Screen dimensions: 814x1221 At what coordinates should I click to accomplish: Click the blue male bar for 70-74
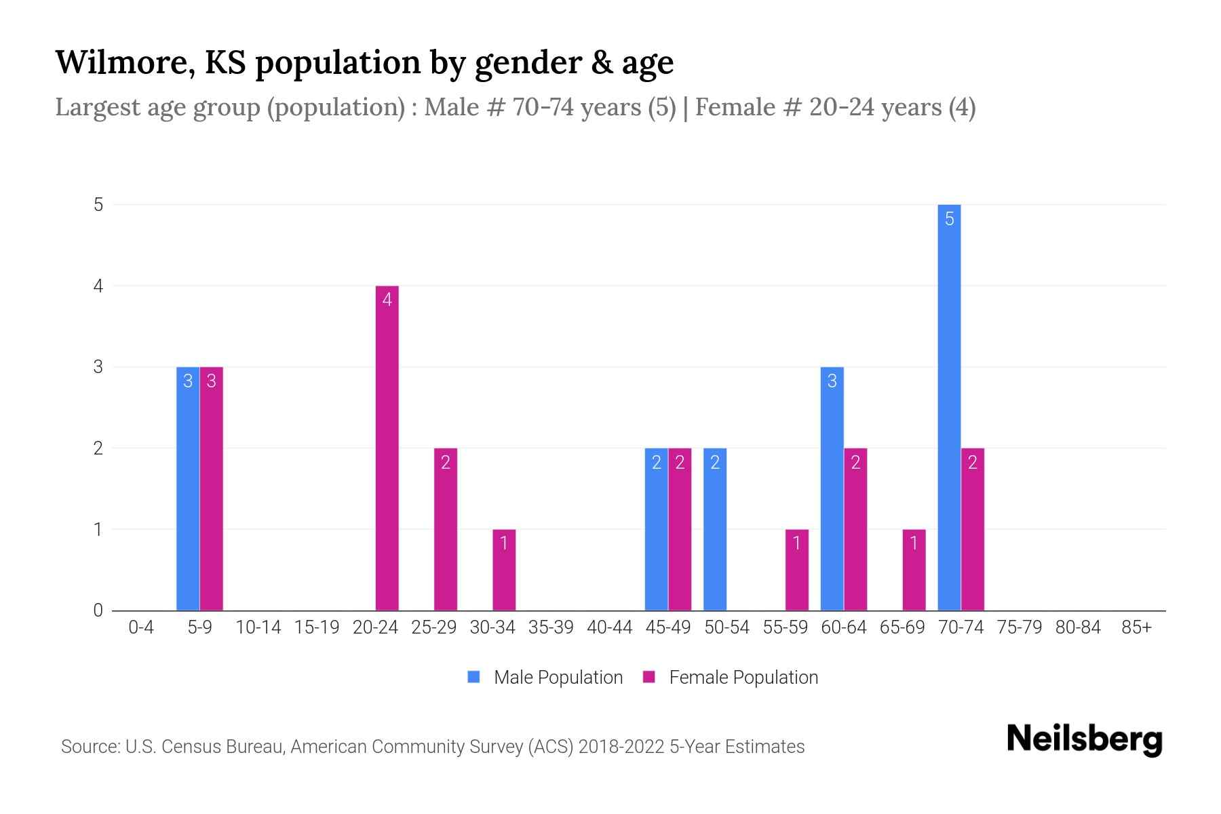(x=949, y=407)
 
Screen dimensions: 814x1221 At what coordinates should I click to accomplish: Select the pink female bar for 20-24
(x=387, y=448)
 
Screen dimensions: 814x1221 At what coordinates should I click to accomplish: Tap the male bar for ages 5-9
(x=188, y=488)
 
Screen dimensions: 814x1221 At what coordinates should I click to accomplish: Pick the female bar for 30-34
(x=504, y=570)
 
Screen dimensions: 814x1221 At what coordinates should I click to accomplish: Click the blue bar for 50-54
(x=715, y=529)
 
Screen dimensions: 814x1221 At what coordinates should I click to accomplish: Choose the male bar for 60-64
(x=832, y=488)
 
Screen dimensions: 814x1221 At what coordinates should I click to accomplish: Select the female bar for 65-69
(x=914, y=570)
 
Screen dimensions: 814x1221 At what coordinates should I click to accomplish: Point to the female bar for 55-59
(x=797, y=570)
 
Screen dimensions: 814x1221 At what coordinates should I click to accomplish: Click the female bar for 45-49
(x=680, y=529)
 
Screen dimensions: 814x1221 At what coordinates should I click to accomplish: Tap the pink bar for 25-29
(x=446, y=529)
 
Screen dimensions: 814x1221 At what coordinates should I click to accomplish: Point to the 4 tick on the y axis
(x=99, y=286)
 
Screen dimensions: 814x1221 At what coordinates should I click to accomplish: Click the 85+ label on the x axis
(x=1136, y=627)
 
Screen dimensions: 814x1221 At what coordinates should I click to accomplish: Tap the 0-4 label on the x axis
(x=141, y=627)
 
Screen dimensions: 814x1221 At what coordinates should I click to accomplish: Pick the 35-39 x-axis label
(x=551, y=627)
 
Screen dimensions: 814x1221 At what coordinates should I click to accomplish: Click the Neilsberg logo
(x=1084, y=739)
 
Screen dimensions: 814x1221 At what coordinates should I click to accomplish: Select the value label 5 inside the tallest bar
(x=949, y=219)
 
